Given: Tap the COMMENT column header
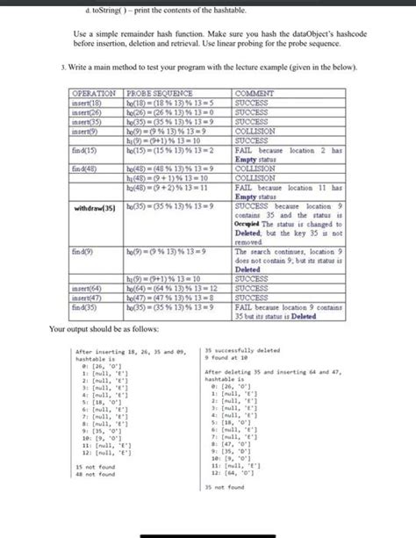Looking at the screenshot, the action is [254, 93].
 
